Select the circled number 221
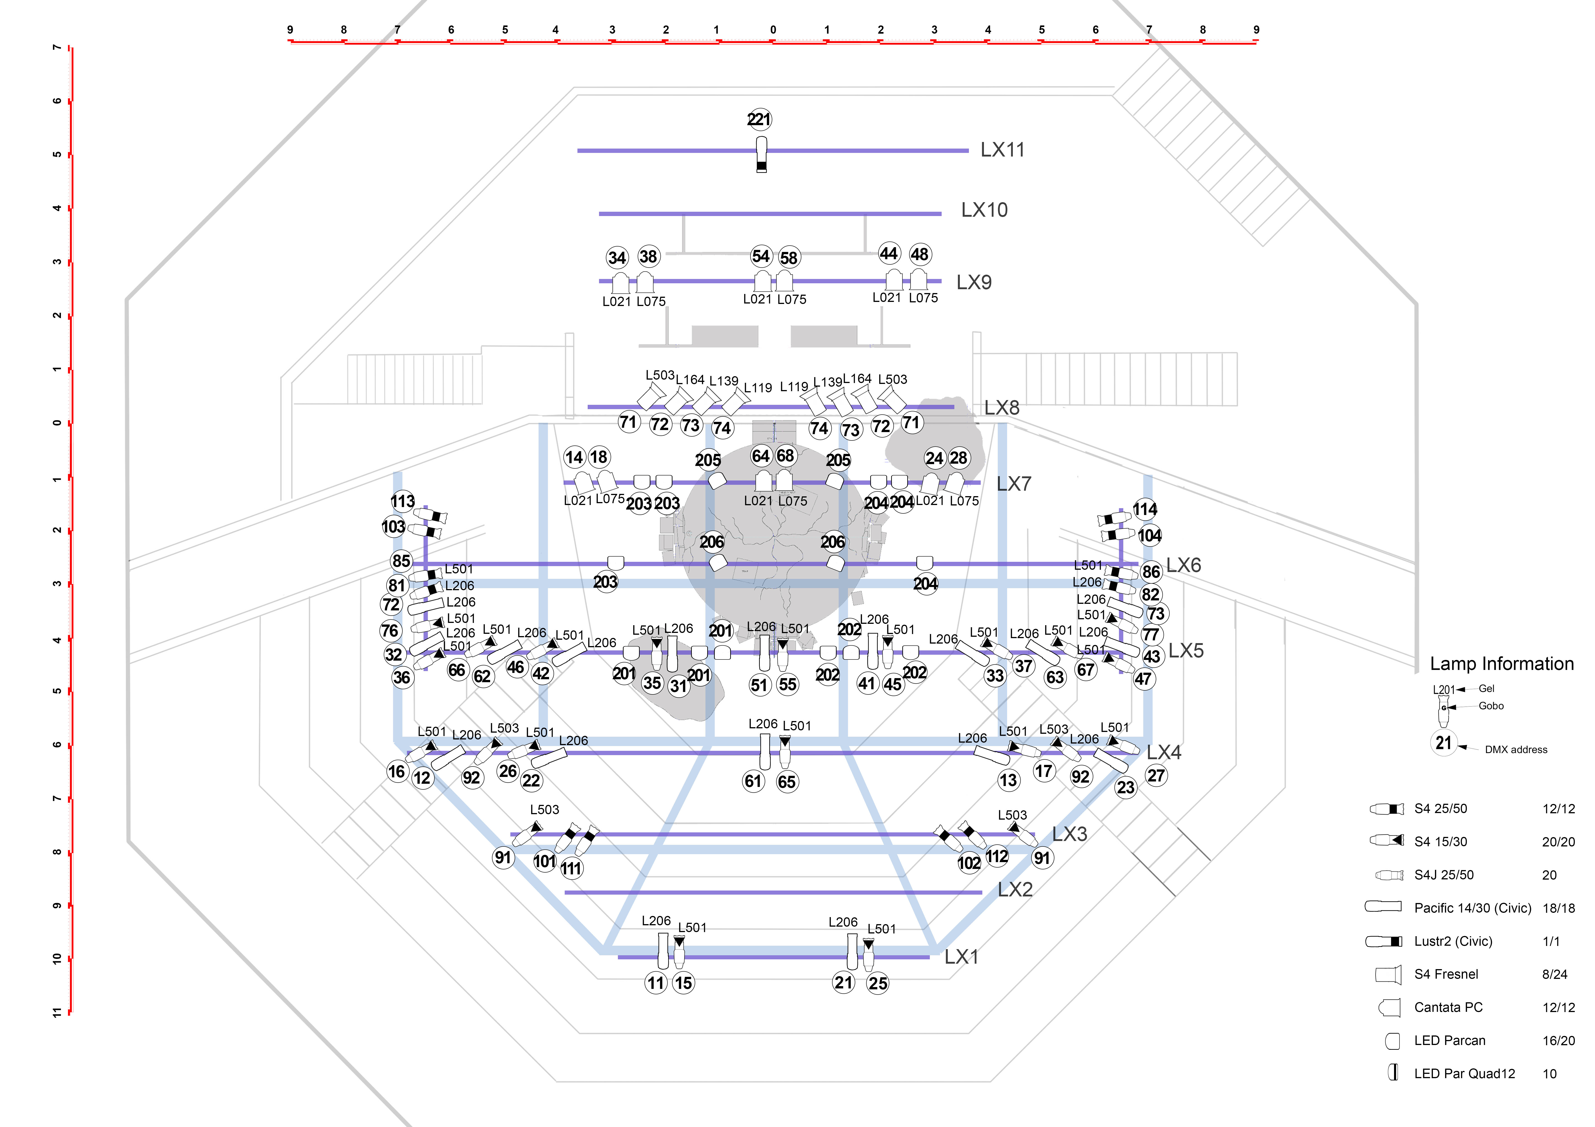coord(759,119)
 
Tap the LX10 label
coord(984,210)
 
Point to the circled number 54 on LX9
coord(761,256)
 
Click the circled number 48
coord(919,254)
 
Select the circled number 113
coord(402,501)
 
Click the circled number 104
coord(1149,535)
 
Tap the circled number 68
coord(785,455)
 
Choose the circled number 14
coord(574,457)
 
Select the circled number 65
coord(786,782)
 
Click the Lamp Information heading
coord(1501,664)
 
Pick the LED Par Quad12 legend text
coord(1465,1074)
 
